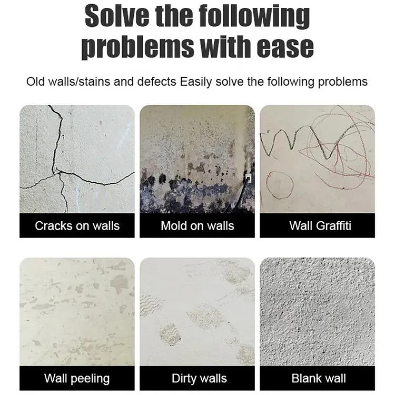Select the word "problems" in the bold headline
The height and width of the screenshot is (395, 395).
[x=137, y=47]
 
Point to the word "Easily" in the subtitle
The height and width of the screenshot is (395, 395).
[x=196, y=82]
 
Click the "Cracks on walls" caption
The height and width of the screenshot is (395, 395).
[x=77, y=226]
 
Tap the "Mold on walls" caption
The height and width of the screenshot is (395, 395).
[x=197, y=226]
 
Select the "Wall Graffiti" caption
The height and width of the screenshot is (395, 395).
[x=320, y=226]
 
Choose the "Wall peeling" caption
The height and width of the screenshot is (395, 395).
[x=77, y=378]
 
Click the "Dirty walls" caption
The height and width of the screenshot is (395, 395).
[x=199, y=378]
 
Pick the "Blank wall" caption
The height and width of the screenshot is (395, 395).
[x=319, y=378]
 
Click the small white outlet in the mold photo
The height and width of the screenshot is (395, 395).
[x=248, y=178]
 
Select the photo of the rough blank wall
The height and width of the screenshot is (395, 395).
[x=318, y=312]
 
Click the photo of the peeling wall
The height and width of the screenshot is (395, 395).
[x=77, y=312]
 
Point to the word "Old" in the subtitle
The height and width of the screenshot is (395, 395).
[x=35, y=82]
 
